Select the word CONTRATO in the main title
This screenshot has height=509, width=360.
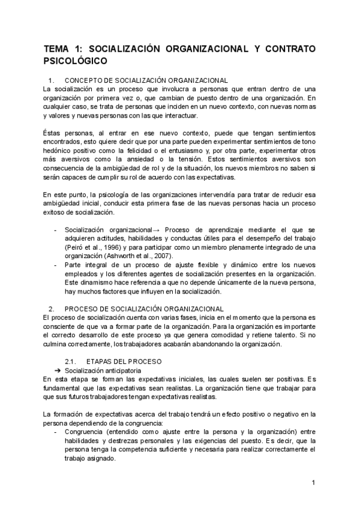click(x=284, y=49)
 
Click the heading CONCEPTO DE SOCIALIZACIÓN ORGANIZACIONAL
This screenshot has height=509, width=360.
click(x=146, y=80)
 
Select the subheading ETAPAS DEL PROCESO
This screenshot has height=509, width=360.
click(x=123, y=361)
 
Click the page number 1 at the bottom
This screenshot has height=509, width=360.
click(x=313, y=482)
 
